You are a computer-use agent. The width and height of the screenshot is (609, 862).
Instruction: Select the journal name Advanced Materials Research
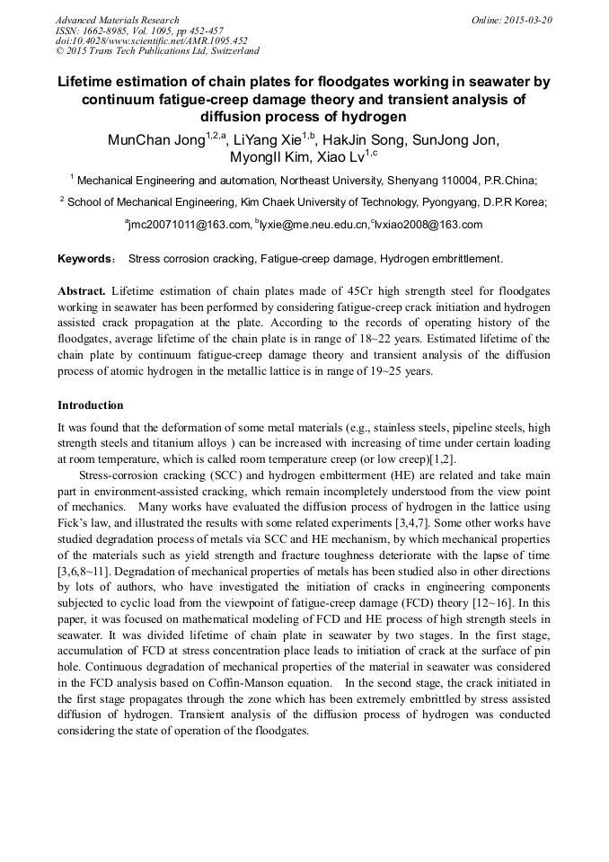(x=117, y=20)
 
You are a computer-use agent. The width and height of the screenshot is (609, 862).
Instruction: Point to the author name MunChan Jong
(x=155, y=140)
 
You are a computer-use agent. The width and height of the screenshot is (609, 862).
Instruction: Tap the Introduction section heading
(x=90, y=405)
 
